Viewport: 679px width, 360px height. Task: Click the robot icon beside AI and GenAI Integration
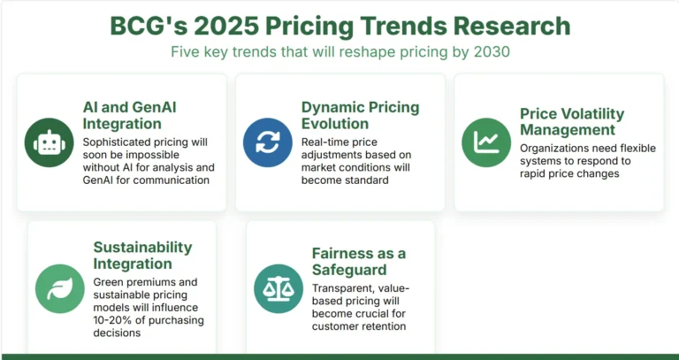tap(49, 142)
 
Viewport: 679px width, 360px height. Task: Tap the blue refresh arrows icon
tap(267, 142)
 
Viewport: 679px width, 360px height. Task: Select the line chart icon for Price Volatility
tap(486, 142)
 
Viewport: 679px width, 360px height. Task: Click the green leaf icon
tap(59, 288)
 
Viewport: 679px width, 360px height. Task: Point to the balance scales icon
tap(278, 288)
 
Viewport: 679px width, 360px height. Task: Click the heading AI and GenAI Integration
tap(131, 116)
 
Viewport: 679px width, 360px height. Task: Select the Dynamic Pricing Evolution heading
tap(360, 116)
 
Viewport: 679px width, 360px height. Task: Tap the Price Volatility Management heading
tap(571, 122)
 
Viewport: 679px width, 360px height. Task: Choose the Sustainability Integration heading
tap(142, 256)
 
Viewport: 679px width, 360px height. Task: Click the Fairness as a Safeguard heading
tap(357, 262)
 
